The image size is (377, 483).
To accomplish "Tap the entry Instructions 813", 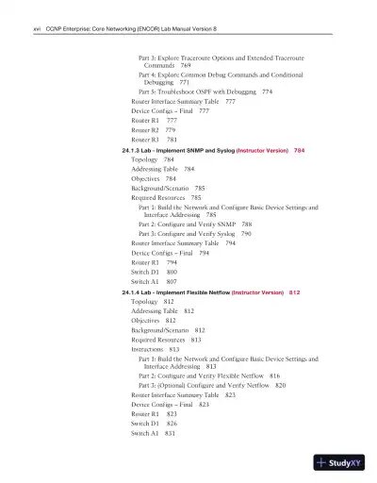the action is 155,349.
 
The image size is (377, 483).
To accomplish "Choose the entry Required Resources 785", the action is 166,199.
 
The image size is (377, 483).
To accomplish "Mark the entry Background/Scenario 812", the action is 168,330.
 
